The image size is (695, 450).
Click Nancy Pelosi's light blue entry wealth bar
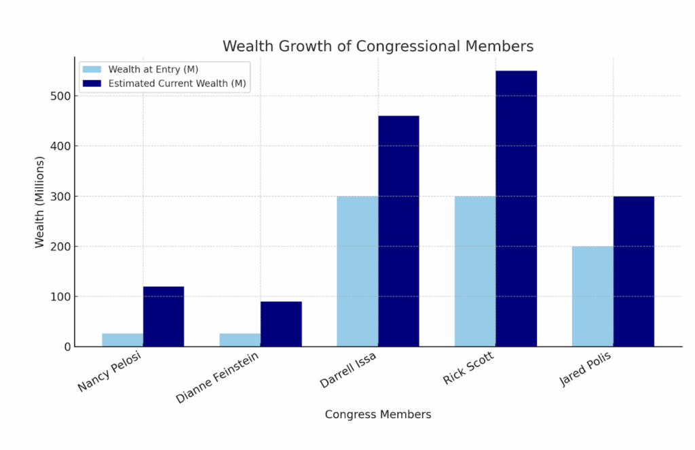(122, 340)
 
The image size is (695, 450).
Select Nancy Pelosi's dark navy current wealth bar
(163, 317)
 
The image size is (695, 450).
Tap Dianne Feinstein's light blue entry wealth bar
(240, 340)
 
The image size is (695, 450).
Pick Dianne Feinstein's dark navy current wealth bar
(281, 324)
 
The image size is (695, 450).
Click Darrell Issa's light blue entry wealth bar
(358, 272)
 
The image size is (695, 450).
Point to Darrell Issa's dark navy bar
(398, 231)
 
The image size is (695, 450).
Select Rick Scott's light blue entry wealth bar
(475, 272)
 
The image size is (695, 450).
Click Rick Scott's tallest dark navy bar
(516, 209)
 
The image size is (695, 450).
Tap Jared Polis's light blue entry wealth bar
(593, 296)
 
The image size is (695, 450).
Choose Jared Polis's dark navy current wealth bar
(634, 272)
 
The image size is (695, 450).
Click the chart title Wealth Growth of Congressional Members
(378, 46)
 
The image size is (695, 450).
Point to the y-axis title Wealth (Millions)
(40, 202)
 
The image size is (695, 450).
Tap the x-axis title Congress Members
(378, 415)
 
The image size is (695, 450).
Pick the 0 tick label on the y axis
(67, 347)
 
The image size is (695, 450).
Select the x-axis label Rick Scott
(469, 369)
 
